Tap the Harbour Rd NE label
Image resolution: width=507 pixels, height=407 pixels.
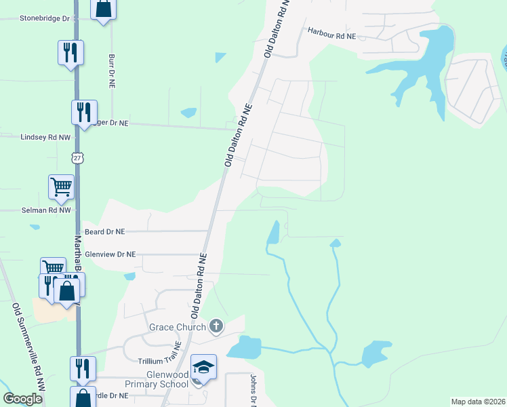click(x=331, y=31)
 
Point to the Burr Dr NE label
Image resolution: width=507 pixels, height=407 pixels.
click(x=111, y=71)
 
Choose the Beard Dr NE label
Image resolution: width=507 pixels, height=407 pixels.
click(x=105, y=231)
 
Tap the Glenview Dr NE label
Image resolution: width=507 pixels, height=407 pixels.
click(x=110, y=254)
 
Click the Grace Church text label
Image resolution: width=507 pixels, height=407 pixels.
click(x=178, y=328)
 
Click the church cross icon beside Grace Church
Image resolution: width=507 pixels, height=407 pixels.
click(x=216, y=327)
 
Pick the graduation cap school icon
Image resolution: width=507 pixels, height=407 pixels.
click(x=203, y=367)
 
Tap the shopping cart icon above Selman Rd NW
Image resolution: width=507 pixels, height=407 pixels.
click(x=61, y=187)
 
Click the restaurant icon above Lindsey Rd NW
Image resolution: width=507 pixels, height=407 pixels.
click(x=84, y=112)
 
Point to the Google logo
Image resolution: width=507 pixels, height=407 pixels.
click(x=23, y=398)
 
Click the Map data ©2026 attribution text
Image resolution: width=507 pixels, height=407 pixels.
click(x=478, y=401)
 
